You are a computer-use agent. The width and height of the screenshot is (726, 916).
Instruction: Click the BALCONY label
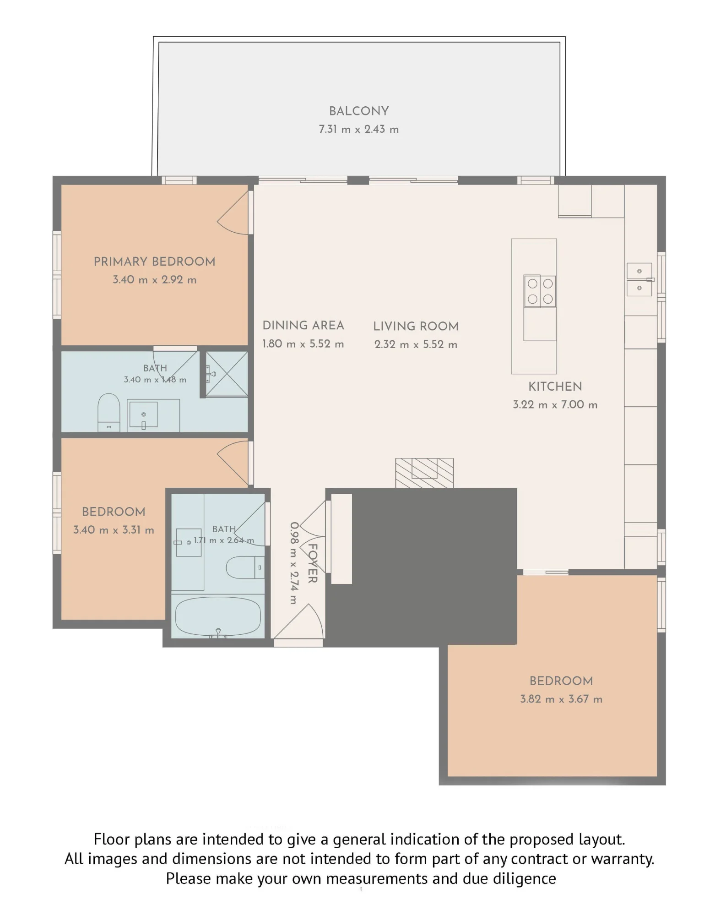click(x=359, y=111)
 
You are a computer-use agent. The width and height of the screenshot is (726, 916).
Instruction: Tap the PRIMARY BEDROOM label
click(x=154, y=262)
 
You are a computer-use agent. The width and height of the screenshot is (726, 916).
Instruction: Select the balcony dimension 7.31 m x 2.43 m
click(x=359, y=129)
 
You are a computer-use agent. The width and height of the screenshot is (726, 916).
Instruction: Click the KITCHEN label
click(x=555, y=387)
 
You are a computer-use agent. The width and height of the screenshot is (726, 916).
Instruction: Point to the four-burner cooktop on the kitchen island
click(x=540, y=291)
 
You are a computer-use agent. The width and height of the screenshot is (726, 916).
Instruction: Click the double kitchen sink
click(x=639, y=279)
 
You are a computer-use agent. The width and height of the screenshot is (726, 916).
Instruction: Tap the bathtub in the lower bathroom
click(x=218, y=616)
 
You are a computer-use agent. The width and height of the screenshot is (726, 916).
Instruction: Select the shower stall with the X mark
click(x=227, y=374)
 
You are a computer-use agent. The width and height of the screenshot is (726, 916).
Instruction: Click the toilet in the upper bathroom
click(x=109, y=412)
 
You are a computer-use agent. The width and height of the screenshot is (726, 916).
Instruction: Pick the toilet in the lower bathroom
click(x=245, y=567)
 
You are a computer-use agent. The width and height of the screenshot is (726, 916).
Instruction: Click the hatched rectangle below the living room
click(x=424, y=473)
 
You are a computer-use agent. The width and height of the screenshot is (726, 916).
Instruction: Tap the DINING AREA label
click(x=303, y=326)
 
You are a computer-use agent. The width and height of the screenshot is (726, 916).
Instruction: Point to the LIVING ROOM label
click(x=416, y=326)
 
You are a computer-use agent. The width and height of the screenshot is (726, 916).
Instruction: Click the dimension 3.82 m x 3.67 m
click(x=561, y=699)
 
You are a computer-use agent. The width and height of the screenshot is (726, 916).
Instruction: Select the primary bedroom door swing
click(x=233, y=213)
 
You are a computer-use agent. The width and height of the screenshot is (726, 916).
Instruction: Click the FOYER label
click(x=312, y=563)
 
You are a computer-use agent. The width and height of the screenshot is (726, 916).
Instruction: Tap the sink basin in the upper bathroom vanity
click(x=143, y=414)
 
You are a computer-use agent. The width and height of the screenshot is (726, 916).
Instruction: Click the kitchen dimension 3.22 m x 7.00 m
click(x=555, y=404)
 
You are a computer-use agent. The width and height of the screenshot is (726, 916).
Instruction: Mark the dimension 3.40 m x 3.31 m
click(x=114, y=530)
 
